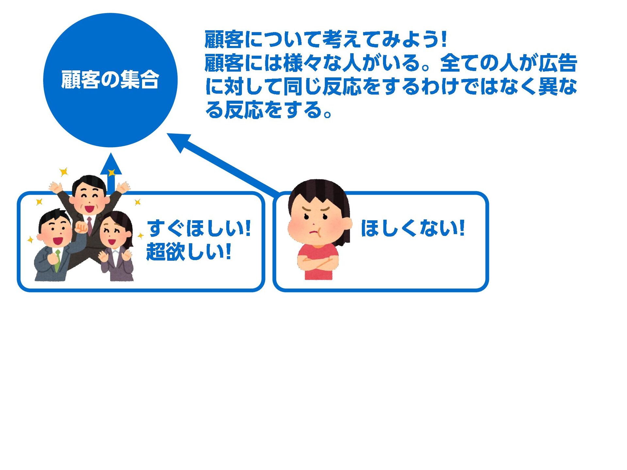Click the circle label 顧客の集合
pyautogui.click(x=110, y=80)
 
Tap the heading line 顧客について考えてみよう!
pyautogui.click(x=325, y=39)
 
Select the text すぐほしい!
pyautogui.click(x=199, y=228)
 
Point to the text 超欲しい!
pyautogui.click(x=189, y=252)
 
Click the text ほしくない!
pyautogui.click(x=412, y=228)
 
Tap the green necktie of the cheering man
pyautogui.click(x=58, y=260)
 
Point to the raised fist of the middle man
pyautogui.click(x=81, y=227)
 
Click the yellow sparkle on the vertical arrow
pyautogui.click(x=111, y=172)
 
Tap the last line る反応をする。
pyautogui.click(x=268, y=110)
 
